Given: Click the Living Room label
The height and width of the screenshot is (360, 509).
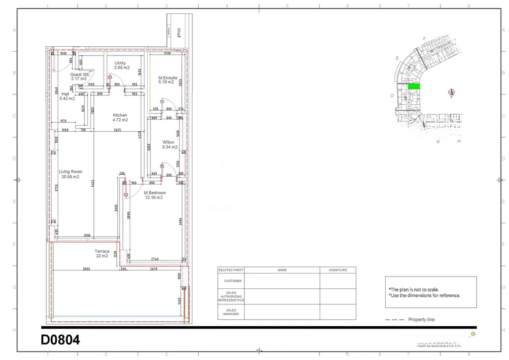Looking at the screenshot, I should tap(70, 172).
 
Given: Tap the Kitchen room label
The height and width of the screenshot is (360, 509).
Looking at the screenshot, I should tap(120, 115).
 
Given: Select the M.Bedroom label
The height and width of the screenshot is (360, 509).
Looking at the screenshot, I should tap(155, 192).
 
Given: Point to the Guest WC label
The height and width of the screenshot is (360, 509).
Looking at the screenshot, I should tap(79, 75).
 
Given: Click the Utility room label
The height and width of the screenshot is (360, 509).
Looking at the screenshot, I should tap(120, 63).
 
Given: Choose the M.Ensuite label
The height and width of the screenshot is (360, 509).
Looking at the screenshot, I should tap(168, 78).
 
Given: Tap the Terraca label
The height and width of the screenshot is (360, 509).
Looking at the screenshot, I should tap(102, 251).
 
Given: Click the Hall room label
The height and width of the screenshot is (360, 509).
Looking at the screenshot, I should tap(66, 94).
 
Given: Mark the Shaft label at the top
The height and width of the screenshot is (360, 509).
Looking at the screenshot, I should tap(178, 33).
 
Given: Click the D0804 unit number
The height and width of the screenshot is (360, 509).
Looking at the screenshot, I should tap(60, 341).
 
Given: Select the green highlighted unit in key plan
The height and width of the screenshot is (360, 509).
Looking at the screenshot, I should tap(414, 87).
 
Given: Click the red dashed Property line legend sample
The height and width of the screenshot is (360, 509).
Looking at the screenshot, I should tap(395, 320).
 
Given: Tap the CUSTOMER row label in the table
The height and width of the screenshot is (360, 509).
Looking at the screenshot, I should tap(231, 281).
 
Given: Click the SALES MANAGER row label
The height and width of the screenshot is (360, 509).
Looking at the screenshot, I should tap(231, 312).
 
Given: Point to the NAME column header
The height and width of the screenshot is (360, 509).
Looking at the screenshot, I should tap(282, 270).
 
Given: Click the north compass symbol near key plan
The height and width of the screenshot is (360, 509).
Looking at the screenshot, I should tap(451, 92).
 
